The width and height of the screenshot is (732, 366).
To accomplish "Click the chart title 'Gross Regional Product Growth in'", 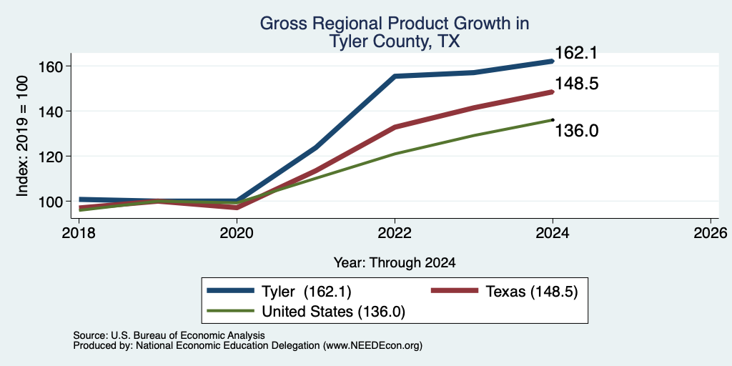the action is [395, 24].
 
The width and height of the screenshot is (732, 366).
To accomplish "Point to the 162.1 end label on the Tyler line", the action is [576, 53].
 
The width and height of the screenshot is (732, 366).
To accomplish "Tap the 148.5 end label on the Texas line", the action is [576, 84].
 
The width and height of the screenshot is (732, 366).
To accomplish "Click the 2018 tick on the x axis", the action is [79, 232].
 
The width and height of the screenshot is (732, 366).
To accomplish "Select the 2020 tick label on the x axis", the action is [237, 232].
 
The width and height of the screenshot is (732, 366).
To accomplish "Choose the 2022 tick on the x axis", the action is [395, 232].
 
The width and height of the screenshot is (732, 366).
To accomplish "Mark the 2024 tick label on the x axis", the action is [553, 232].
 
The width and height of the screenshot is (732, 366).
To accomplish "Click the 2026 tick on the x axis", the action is [711, 232].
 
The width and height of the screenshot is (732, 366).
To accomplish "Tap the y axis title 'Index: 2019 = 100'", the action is [22, 136].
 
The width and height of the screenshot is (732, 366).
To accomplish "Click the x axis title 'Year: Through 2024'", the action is [395, 263].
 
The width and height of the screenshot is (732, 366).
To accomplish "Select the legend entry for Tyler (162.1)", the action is [279, 292].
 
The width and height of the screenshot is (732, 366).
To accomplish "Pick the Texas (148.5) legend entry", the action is [504, 292].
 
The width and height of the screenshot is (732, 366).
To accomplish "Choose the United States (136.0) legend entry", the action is [306, 312].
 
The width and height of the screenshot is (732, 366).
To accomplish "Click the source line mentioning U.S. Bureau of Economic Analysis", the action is [169, 335].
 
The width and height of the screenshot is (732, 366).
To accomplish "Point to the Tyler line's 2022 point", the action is [395, 76].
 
